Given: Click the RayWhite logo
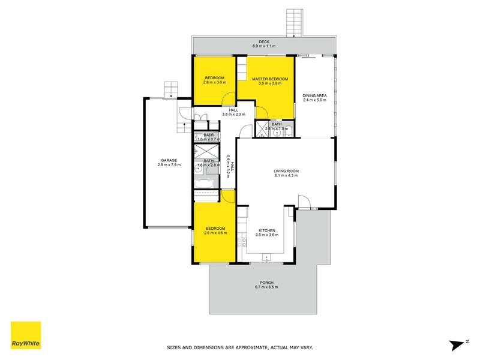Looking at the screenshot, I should click(26, 335).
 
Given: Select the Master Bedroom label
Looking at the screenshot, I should click(270, 79).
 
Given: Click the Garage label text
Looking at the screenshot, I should click(169, 160).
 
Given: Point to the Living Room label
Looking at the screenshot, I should click(286, 171).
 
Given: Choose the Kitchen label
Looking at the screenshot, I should click(266, 230).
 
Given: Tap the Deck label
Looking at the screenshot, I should click(264, 41).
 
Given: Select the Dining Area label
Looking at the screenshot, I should click(314, 95).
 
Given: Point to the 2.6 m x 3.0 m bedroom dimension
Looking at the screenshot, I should click(214, 83).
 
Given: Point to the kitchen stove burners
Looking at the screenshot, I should click(242, 243).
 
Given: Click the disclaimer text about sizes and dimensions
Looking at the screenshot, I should click(239, 347).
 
